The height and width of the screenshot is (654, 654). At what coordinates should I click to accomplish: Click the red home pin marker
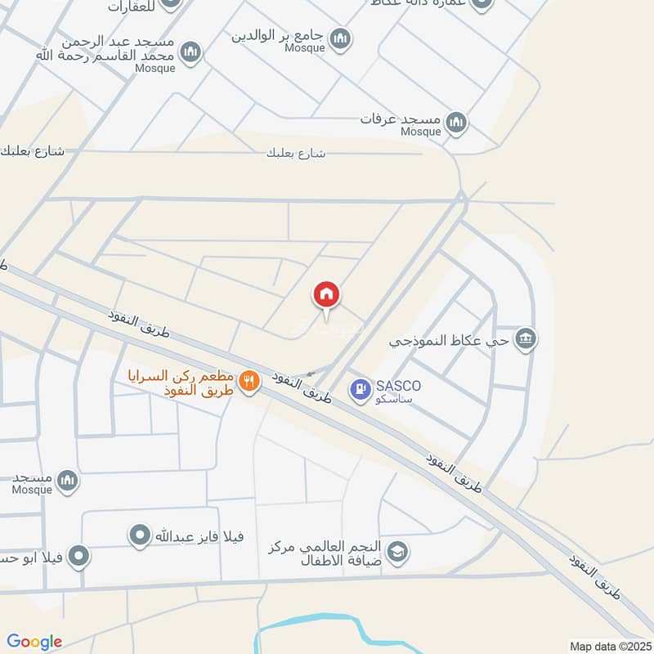click(326, 294)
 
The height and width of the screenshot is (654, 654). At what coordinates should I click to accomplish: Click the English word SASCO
click(398, 385)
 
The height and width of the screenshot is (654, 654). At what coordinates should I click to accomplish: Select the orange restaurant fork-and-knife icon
click(249, 380)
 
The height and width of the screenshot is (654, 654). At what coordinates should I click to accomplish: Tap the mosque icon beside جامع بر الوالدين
click(340, 38)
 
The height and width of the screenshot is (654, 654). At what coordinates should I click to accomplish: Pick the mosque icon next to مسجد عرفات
click(456, 122)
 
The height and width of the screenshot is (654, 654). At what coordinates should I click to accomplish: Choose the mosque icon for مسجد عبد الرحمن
click(190, 52)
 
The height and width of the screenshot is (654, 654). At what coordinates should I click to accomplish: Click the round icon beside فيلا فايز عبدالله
click(141, 536)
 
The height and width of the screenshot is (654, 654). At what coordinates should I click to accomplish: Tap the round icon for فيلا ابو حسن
click(78, 558)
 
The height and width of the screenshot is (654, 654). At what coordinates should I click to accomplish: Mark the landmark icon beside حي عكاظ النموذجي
click(526, 338)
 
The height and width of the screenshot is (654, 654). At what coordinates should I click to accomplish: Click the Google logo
click(34, 642)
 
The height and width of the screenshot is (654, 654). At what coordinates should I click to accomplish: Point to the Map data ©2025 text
click(609, 646)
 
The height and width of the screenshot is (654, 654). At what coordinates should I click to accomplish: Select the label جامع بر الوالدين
click(278, 35)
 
